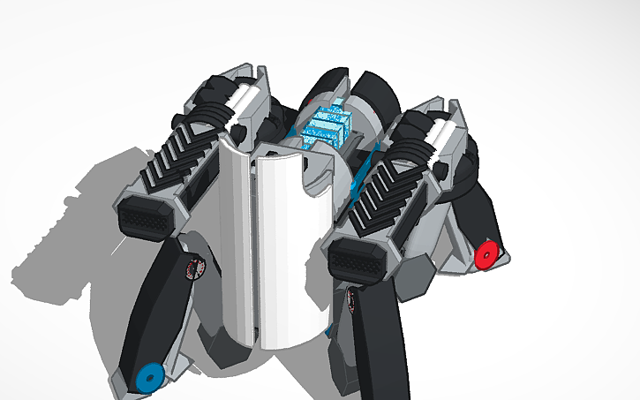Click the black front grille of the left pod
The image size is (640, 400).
(144, 215)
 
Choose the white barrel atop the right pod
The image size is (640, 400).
(445, 137)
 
